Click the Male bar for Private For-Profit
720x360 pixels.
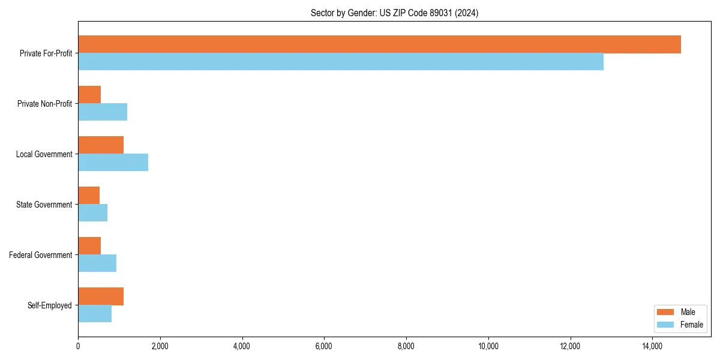379,44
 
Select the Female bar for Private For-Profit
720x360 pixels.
341,62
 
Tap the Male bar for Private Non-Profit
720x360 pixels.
89,95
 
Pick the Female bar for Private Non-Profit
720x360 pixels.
103,112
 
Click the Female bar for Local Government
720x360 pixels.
113,163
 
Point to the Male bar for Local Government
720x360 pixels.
101,145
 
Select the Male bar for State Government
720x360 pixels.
89,196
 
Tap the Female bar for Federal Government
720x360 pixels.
97,263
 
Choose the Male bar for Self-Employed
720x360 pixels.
101,296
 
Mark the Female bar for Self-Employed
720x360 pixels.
95,314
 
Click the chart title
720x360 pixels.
394,13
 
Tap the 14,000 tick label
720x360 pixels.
652,346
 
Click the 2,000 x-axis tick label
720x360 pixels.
160,346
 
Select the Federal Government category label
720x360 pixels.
41,255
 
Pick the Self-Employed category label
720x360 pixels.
50,305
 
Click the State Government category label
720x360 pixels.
44,205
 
